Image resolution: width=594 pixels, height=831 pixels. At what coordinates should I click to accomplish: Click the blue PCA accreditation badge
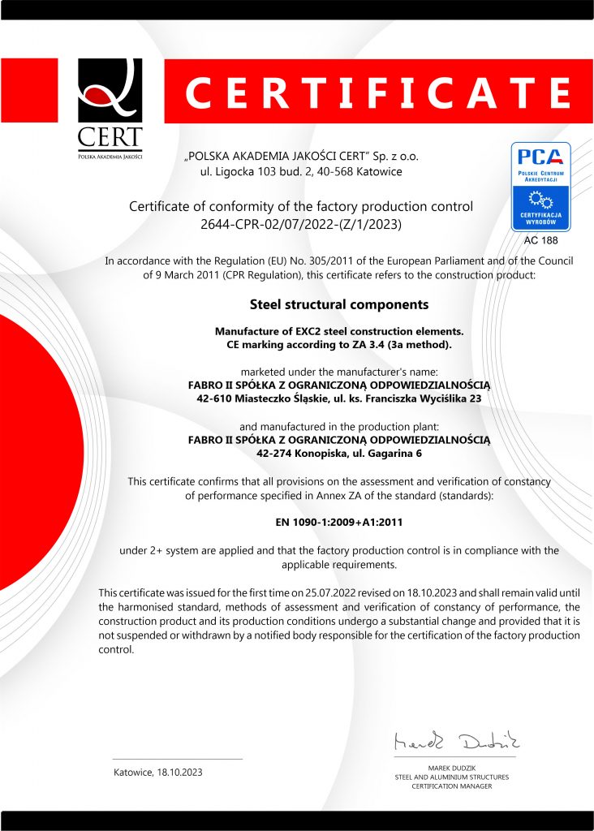540,187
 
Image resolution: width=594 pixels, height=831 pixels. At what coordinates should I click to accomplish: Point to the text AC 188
540,240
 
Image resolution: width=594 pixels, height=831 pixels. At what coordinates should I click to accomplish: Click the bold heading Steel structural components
338,305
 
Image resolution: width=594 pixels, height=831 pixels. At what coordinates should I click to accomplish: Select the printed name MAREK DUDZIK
452,767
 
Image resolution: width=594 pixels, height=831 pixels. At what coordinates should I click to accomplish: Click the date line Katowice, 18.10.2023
158,772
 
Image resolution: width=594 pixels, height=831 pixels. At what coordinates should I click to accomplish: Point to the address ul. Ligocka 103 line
301,171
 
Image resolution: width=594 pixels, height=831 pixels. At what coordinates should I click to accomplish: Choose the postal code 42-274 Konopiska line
339,454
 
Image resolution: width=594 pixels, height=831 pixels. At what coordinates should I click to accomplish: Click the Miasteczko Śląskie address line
339,398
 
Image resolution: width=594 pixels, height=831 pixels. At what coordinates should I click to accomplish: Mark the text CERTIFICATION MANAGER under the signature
452,786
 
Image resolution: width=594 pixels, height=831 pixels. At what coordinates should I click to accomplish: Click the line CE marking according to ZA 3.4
338,345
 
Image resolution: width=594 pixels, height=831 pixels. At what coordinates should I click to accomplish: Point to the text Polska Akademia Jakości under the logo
110,155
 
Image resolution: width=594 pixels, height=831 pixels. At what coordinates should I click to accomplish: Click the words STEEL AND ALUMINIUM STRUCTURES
452,777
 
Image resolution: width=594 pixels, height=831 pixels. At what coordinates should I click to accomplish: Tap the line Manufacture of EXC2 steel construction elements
338,331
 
